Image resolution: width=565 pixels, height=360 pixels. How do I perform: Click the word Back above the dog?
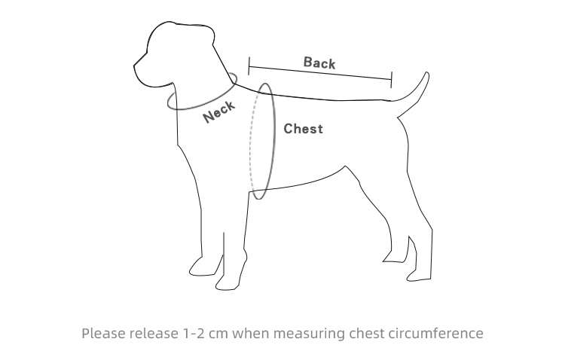click(319, 63)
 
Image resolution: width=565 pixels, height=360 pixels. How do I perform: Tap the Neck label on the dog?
click(219, 111)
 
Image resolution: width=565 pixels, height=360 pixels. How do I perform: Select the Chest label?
click(303, 129)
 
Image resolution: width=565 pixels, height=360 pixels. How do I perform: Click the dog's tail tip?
click(427, 73)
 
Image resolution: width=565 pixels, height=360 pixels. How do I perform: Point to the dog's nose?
click(135, 66)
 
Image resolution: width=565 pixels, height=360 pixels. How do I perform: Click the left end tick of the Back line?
click(249, 66)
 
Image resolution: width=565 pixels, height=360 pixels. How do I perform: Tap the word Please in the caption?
click(103, 334)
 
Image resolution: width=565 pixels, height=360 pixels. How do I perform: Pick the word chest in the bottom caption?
click(367, 334)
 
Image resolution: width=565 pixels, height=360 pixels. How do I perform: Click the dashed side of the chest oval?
click(252, 141)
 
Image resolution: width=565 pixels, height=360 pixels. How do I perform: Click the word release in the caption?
click(153, 334)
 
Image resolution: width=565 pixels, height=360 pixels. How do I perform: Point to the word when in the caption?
click(250, 334)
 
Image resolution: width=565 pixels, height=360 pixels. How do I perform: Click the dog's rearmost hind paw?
click(419, 276)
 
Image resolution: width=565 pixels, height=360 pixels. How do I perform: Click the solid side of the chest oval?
click(273, 141)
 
